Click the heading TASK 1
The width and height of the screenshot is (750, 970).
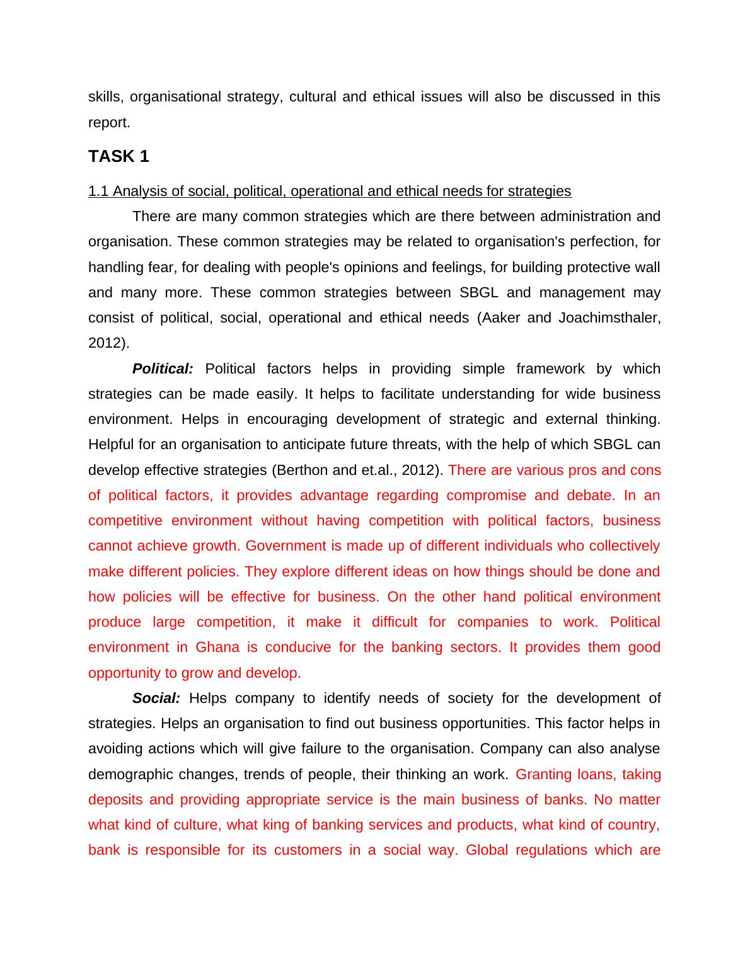[118, 157]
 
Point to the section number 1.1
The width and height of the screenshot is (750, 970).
[98, 191]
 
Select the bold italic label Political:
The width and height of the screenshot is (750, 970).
[163, 369]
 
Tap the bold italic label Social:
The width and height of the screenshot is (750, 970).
[156, 699]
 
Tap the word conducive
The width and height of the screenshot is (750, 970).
[297, 648]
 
